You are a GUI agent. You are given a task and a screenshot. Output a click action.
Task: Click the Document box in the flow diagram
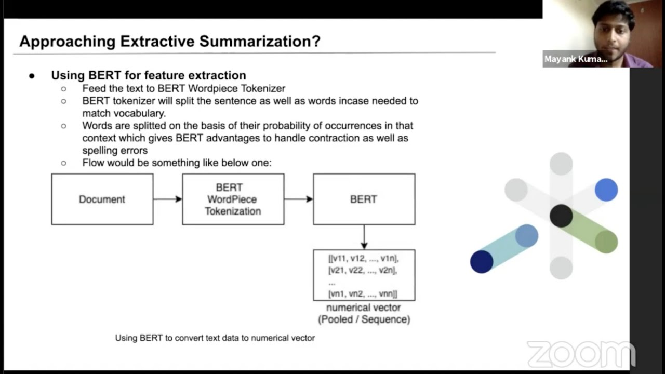102,199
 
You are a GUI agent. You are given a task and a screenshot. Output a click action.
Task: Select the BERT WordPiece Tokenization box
233,199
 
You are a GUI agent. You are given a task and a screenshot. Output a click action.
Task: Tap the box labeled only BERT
364,199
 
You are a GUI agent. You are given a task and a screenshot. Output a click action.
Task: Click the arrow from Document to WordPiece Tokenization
167,199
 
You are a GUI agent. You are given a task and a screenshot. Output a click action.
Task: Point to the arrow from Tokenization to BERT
298,199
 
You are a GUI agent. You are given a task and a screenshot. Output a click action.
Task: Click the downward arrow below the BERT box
364,237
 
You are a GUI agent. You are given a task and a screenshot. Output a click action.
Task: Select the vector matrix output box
364,275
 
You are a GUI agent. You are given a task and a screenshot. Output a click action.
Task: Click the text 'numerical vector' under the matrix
363,308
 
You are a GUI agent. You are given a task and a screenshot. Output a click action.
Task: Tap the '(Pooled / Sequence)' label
364,319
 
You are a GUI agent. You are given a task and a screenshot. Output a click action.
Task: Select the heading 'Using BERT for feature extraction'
148,75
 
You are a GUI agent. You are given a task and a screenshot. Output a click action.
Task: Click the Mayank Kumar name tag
576,59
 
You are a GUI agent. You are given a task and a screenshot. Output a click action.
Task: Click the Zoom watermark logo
581,354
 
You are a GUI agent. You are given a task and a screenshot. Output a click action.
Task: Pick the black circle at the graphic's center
561,216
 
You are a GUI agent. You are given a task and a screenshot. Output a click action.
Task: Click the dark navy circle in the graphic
482,261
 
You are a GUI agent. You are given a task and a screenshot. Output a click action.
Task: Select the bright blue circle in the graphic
606,190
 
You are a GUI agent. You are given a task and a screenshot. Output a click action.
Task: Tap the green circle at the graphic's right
606,242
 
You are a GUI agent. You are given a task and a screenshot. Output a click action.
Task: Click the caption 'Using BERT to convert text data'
215,338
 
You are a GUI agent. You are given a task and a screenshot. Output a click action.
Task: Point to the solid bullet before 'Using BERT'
32,76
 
